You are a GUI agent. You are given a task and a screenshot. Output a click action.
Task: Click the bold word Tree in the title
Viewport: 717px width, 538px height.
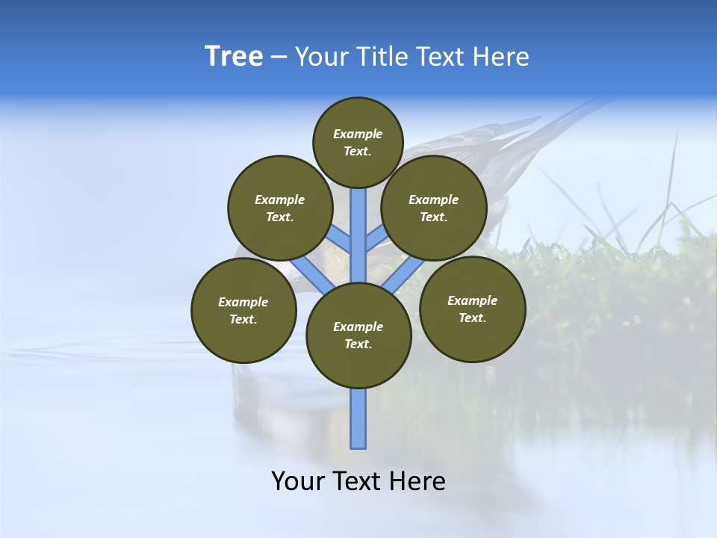[234, 56]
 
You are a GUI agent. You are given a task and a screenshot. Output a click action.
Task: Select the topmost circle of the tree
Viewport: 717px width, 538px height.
[358, 142]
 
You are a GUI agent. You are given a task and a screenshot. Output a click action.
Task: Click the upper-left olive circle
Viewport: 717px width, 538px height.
[279, 208]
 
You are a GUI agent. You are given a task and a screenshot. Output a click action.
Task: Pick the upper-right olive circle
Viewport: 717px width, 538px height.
[434, 208]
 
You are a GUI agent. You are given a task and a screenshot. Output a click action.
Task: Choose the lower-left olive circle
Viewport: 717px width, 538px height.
[243, 310]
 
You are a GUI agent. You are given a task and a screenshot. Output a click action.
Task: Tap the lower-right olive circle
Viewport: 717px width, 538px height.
[472, 309]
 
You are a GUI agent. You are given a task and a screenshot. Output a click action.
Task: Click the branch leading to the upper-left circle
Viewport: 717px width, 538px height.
[341, 239]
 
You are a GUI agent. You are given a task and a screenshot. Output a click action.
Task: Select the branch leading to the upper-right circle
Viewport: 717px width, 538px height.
[376, 239]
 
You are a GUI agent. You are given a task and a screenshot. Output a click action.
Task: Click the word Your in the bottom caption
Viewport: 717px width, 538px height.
[299, 481]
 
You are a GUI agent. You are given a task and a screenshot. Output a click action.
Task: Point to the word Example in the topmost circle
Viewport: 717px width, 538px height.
[358, 134]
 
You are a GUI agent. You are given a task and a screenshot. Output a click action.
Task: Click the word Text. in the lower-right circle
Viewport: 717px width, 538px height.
[472, 318]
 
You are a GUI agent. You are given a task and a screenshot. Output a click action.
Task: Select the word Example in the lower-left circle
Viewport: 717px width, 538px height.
[243, 302]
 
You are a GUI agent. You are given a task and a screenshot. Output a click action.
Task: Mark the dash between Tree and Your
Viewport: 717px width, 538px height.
[279, 57]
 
